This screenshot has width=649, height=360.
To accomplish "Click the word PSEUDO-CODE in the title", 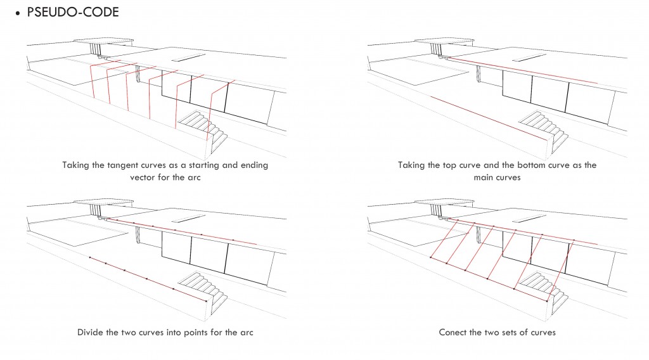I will click(73, 12).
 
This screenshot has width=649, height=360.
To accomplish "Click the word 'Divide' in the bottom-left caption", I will click(91, 332).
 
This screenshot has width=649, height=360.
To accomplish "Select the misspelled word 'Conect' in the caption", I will click(453, 332).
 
